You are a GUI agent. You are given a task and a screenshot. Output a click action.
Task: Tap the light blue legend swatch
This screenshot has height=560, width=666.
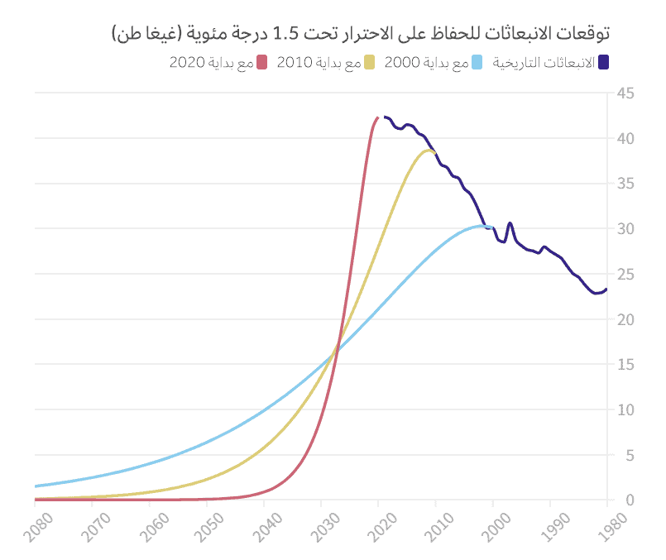(477, 63)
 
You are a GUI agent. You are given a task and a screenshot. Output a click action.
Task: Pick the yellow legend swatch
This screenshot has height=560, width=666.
(370, 63)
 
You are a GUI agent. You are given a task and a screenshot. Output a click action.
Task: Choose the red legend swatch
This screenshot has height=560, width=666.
(262, 63)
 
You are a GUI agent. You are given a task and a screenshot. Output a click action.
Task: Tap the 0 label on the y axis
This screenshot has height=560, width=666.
(628, 500)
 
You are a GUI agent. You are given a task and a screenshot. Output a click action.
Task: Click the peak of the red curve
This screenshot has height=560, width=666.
(378, 117)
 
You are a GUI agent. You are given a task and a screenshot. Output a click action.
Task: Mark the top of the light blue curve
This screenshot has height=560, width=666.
(482, 225)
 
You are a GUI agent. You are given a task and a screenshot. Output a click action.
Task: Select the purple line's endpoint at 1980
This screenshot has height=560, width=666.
(606, 289)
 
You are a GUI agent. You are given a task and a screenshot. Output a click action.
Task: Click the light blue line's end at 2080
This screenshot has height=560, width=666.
(36, 486)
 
